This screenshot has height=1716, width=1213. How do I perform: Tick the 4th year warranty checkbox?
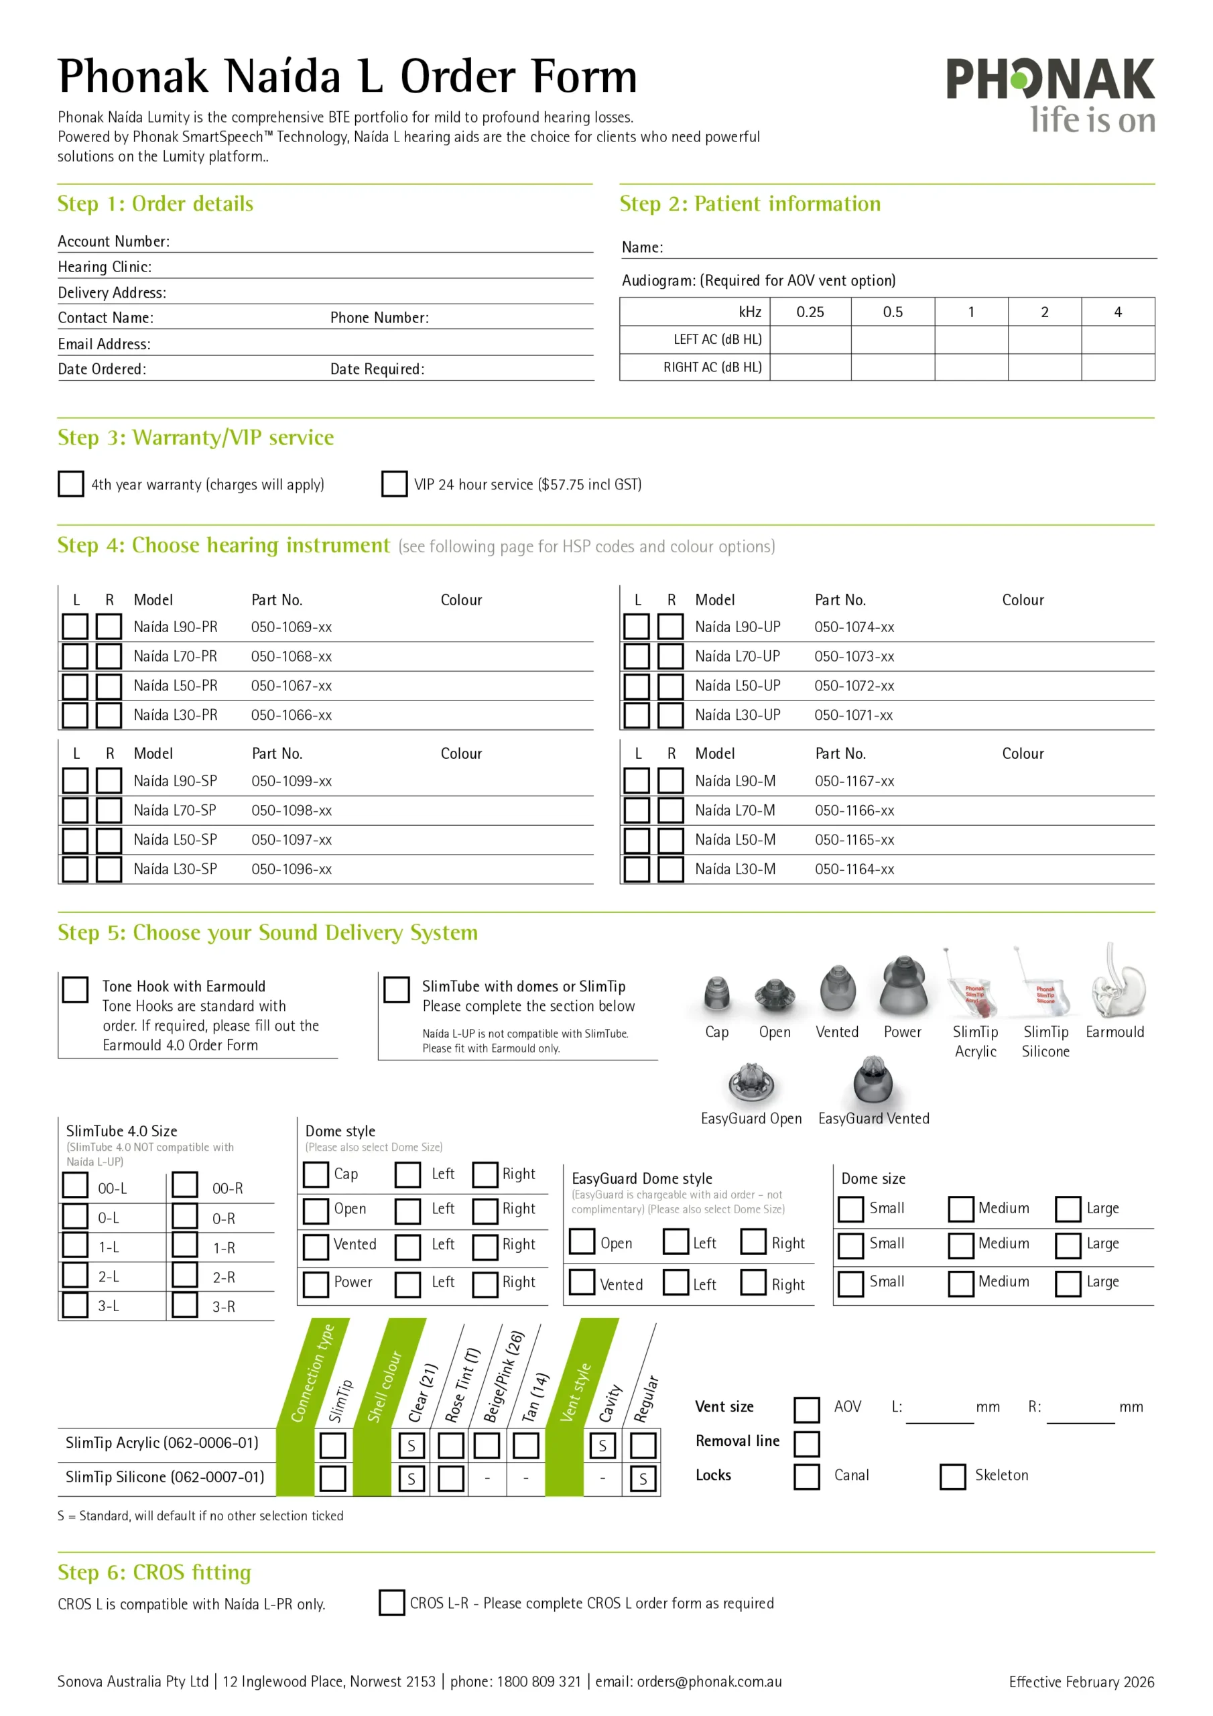(71, 483)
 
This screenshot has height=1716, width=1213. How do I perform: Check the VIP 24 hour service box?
(394, 483)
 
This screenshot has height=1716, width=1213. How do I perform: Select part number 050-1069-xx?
(291, 627)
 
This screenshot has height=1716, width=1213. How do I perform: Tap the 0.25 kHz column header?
(810, 312)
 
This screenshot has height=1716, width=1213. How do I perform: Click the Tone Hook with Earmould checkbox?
(76, 989)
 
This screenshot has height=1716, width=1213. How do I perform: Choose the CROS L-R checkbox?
(391, 1603)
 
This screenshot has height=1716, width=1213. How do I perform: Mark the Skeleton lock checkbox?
(952, 1476)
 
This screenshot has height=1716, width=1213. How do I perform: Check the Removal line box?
(806, 1443)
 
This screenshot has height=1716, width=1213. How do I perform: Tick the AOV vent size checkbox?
(806, 1410)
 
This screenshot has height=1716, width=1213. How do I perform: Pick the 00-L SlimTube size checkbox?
(76, 1184)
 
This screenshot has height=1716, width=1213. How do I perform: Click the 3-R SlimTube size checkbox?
(184, 1305)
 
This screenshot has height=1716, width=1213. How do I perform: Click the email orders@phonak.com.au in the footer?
(708, 1682)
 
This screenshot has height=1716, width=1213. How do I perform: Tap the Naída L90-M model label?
(735, 781)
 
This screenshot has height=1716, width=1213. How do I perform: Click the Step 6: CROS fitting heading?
(154, 1573)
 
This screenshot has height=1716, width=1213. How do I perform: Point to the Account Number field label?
(114, 241)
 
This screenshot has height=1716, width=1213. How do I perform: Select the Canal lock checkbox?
(806, 1476)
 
